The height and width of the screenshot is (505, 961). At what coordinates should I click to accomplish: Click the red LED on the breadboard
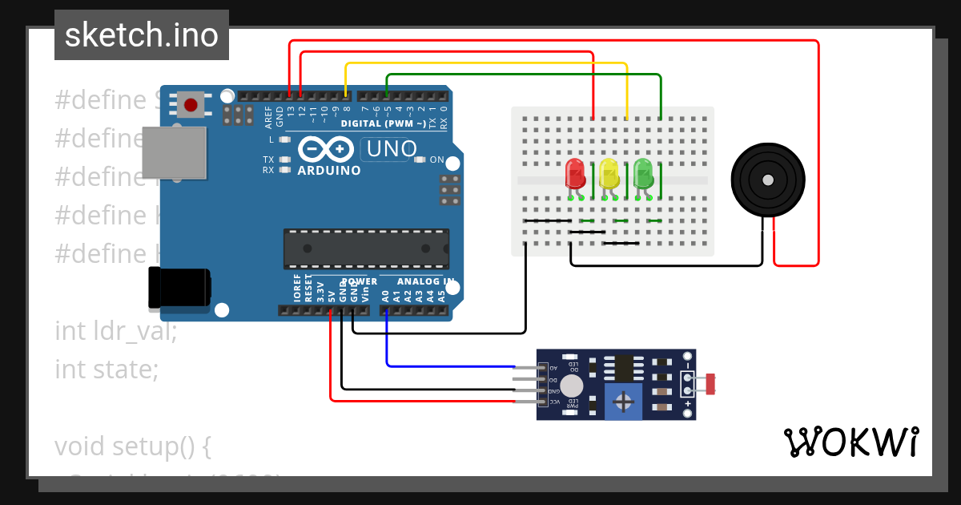(574, 174)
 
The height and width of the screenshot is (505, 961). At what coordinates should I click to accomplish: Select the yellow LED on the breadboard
(609, 174)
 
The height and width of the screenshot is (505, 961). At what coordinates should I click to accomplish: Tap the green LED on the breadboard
(643, 174)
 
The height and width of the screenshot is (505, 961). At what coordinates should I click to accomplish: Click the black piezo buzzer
(766, 180)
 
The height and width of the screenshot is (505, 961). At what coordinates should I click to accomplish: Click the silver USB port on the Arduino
(174, 152)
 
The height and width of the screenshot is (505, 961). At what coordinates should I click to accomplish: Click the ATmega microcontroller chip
(365, 248)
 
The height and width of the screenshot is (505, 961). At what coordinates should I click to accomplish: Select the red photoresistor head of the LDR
(710, 384)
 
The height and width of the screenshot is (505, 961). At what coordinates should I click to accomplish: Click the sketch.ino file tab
(142, 35)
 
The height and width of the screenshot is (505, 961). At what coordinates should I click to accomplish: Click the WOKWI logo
(850, 442)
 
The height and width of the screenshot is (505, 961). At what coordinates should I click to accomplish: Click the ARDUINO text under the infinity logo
(328, 171)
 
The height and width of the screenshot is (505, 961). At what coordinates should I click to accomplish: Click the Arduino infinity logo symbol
(326, 150)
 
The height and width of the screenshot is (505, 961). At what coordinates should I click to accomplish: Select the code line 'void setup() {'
(132, 446)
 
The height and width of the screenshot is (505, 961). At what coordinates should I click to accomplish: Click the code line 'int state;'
(107, 369)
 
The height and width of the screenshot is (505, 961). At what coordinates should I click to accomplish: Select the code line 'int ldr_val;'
(115, 330)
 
